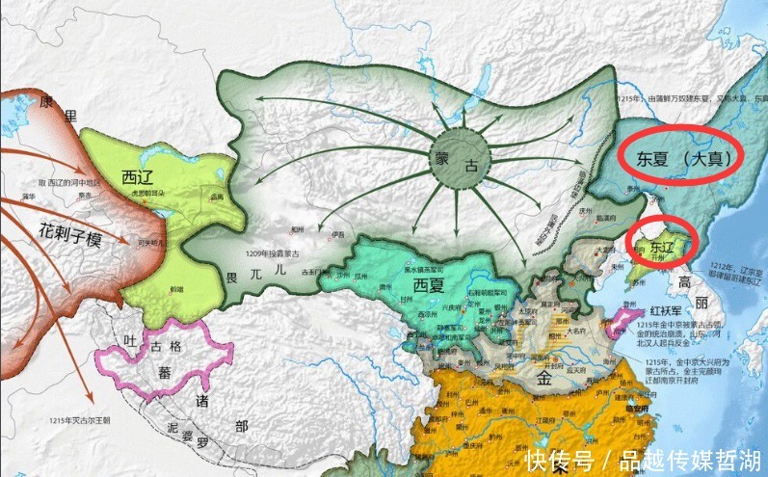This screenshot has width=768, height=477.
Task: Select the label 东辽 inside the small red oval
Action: [x=639, y=247]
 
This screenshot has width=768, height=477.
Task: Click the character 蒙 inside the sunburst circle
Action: [x=444, y=156]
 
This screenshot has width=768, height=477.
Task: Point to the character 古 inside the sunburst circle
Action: [x=471, y=165]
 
